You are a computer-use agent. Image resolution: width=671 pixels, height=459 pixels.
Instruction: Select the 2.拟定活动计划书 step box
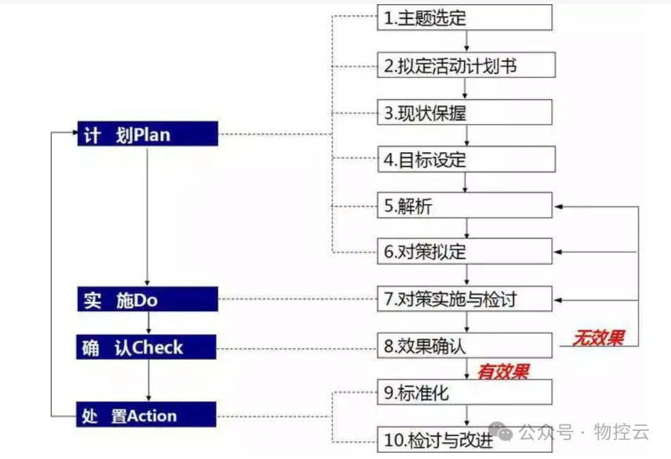coord(466,65)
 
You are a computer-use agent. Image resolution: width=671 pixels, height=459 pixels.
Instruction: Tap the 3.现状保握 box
coord(465,113)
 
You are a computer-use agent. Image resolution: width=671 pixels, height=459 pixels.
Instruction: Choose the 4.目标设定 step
coord(466,160)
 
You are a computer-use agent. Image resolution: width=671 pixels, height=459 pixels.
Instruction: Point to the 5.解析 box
coord(465,206)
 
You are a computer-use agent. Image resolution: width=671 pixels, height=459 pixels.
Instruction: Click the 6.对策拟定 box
coord(465,251)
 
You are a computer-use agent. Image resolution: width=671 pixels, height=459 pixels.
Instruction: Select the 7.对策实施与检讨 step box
coord(465,299)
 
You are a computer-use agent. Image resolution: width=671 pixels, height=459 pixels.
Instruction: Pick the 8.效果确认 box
coord(465,346)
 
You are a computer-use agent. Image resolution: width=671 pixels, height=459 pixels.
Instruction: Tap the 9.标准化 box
coord(465,393)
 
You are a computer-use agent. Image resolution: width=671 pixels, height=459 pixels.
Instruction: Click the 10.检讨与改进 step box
coord(465,441)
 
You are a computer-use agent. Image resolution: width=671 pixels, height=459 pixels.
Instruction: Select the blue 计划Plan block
coord(147,134)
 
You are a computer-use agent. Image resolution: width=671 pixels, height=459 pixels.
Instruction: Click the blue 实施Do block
coord(147,300)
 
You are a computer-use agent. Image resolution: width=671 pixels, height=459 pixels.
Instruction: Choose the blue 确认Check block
coord(147,347)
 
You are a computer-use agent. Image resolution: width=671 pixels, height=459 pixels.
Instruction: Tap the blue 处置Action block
coord(147,415)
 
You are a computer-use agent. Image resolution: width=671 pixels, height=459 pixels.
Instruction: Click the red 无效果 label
coord(597,338)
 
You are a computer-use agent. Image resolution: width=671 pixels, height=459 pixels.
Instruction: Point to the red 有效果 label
coord(503,371)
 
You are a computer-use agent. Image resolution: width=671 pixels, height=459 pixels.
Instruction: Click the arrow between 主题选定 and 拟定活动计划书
coord(466,42)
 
